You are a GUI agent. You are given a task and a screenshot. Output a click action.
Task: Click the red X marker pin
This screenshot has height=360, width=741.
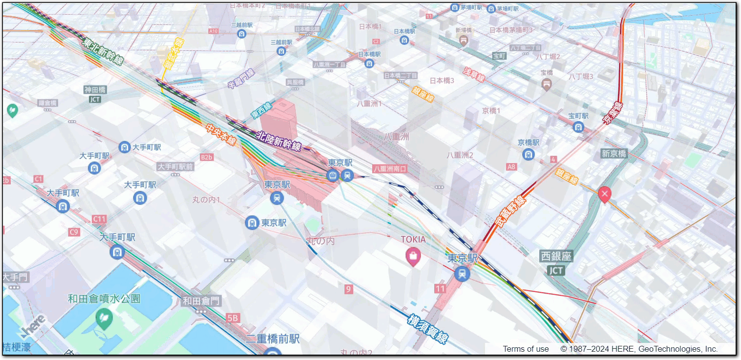coord(604,195)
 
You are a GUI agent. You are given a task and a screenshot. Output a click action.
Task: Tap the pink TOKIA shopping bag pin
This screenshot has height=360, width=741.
coord(413,256)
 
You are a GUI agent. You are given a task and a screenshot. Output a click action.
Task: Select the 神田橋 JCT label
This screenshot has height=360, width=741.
coord(95,94)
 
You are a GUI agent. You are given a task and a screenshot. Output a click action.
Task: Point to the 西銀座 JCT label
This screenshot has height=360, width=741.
coord(556,263)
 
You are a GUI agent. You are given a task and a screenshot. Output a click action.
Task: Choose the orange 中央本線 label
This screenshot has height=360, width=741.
coord(221,135)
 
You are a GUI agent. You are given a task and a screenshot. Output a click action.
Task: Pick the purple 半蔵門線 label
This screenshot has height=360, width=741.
coord(241,79)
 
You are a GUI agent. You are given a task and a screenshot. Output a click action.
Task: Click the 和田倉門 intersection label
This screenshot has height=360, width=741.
coord(201,301)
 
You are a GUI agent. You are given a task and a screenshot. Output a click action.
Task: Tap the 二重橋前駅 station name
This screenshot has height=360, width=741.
coord(273,339)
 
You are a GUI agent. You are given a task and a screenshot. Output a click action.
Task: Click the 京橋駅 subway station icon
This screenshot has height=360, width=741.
coord(528,154)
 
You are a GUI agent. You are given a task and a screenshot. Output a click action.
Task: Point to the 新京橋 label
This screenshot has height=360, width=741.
coord(614,153)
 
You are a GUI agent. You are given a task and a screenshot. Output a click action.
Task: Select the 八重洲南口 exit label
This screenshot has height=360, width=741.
coord(390,169)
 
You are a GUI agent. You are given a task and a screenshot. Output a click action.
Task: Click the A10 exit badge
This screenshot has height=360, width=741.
coord(213,31)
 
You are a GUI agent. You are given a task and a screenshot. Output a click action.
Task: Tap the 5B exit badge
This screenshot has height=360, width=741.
coord(233,318)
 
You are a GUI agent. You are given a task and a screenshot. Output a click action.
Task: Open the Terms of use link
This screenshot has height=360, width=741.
coord(526,349)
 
